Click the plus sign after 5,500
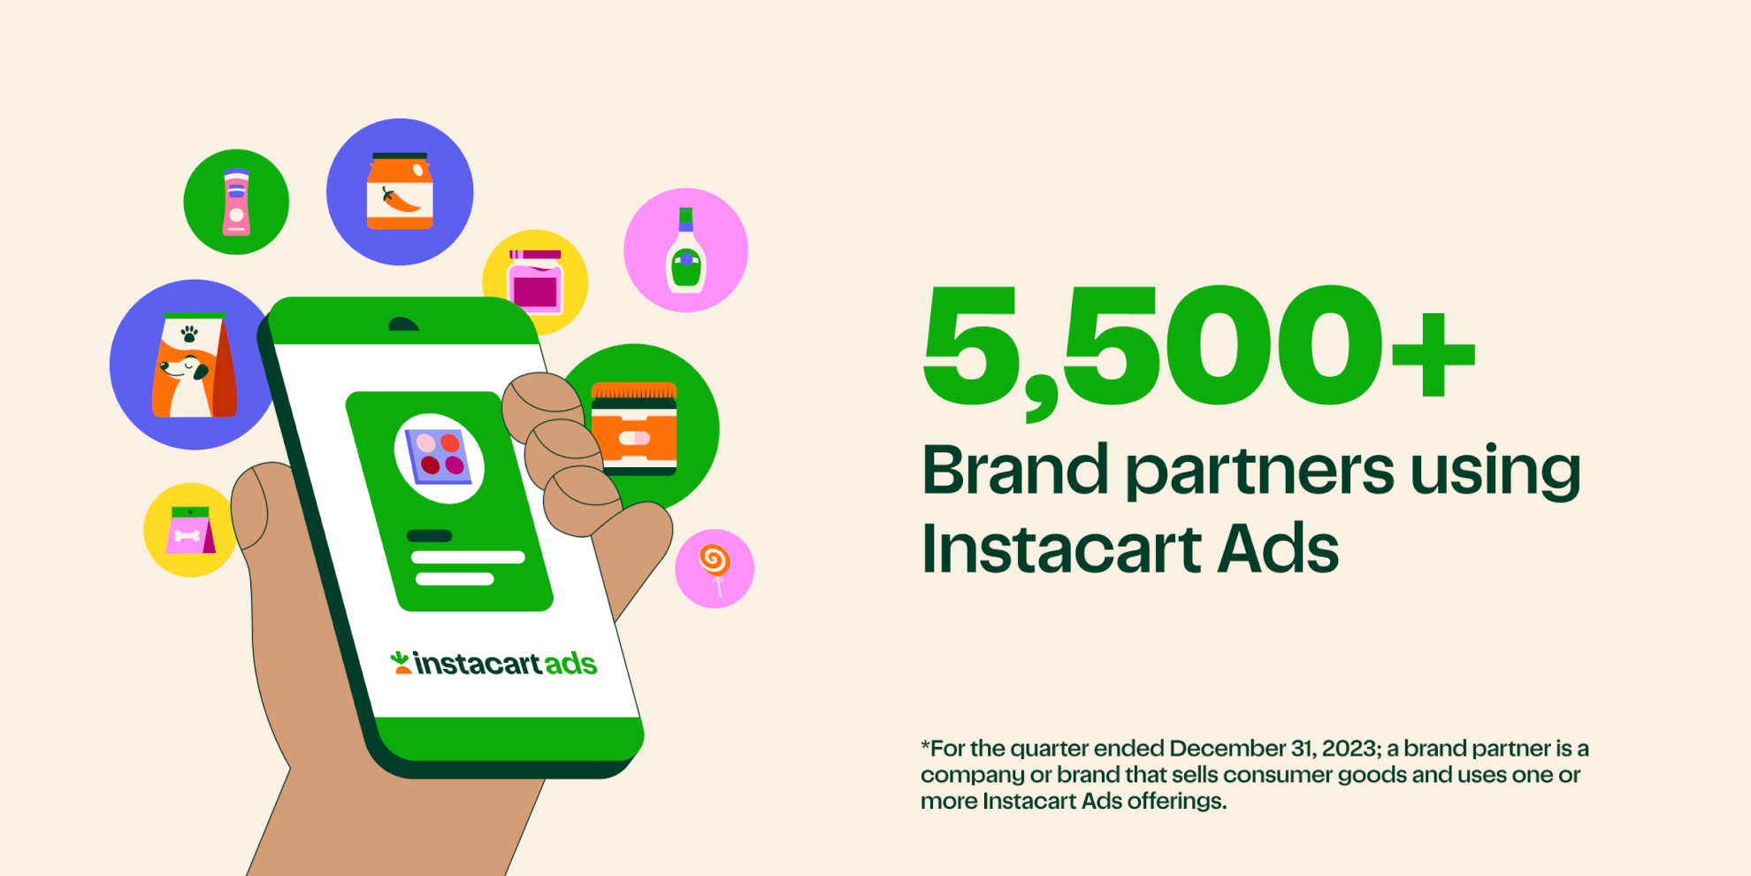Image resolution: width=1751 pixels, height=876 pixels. click(x=1434, y=355)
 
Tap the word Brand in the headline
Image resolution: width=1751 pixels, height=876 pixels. click(x=1015, y=469)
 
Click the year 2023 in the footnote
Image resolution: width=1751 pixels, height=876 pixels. click(x=1349, y=749)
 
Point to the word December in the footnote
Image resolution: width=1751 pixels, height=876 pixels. click(x=1227, y=749)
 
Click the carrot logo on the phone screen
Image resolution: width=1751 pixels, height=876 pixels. click(x=401, y=662)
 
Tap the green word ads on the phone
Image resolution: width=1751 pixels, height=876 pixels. click(x=570, y=664)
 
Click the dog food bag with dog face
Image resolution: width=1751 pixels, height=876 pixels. click(x=194, y=365)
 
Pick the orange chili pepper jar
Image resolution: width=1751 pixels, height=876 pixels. click(x=400, y=191)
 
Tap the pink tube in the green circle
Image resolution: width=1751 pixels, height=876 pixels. click(x=236, y=202)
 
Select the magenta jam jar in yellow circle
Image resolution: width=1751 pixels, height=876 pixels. click(x=535, y=281)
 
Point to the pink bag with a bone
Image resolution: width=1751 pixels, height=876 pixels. click(x=190, y=530)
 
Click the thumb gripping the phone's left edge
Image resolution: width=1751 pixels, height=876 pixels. click(x=250, y=509)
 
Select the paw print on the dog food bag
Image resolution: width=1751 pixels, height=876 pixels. click(x=189, y=334)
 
